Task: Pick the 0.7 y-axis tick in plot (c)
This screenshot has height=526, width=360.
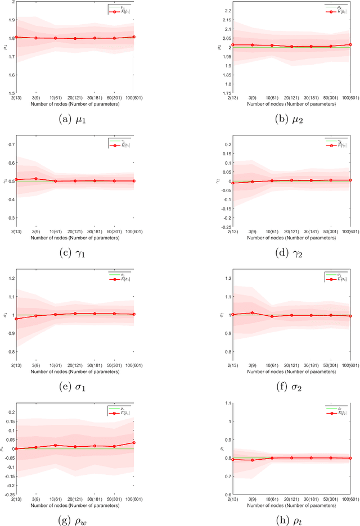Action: [x=11, y=144]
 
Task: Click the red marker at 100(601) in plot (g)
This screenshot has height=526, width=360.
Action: [x=134, y=442]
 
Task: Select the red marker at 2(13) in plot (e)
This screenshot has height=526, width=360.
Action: [x=16, y=319]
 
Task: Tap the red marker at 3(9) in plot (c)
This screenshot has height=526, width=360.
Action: [x=36, y=179]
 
